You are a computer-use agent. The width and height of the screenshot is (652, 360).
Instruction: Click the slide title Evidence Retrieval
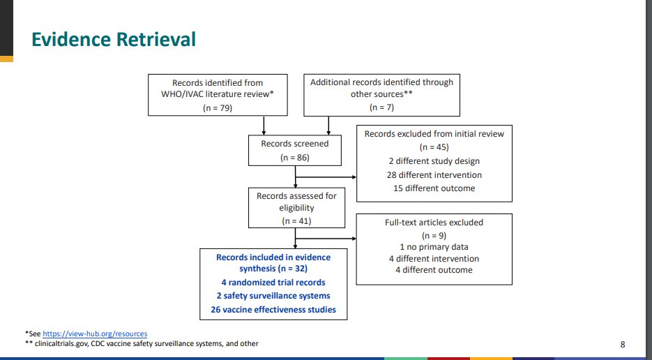coord(114,40)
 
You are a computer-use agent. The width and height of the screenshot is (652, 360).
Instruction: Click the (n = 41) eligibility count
coord(296,220)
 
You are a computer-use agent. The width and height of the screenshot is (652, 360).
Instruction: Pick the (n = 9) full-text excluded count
coord(433,234)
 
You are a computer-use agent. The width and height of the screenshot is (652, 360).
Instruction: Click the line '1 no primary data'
coord(433,247)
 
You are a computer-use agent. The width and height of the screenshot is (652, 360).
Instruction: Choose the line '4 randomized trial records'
coord(273,283)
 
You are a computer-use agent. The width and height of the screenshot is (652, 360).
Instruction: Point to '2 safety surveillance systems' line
coord(273,297)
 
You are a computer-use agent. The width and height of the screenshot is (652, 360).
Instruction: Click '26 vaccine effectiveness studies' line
coord(273,310)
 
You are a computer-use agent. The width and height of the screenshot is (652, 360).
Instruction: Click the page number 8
coord(623,344)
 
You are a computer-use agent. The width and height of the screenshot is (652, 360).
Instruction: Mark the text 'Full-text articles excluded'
coord(433,222)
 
